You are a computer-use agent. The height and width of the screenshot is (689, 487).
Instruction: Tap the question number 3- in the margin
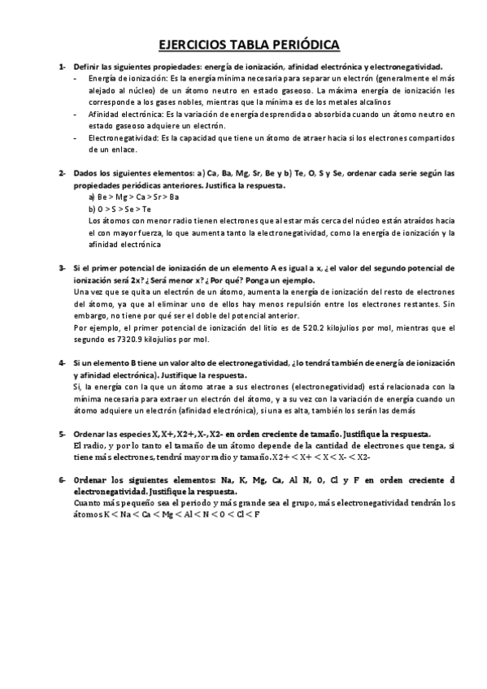click(63, 268)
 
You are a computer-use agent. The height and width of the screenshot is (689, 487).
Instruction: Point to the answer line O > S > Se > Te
click(119, 209)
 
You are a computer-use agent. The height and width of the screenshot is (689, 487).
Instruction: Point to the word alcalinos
click(373, 102)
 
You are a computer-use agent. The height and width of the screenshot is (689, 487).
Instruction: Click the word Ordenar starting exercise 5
click(91, 434)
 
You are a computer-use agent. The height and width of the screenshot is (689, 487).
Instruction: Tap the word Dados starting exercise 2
click(86, 174)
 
